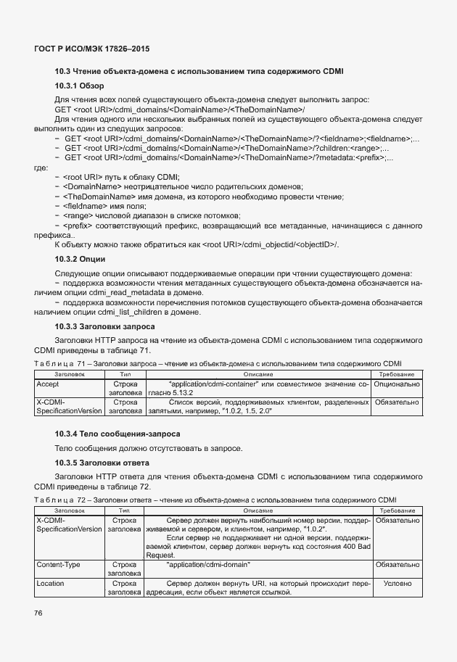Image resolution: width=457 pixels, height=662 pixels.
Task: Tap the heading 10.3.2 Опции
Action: click(x=81, y=259)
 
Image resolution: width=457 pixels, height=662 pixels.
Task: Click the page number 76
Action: click(x=39, y=613)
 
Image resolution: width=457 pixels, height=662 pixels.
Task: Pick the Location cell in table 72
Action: click(x=51, y=582)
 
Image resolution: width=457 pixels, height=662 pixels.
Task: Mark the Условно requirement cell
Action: click(x=397, y=582)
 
